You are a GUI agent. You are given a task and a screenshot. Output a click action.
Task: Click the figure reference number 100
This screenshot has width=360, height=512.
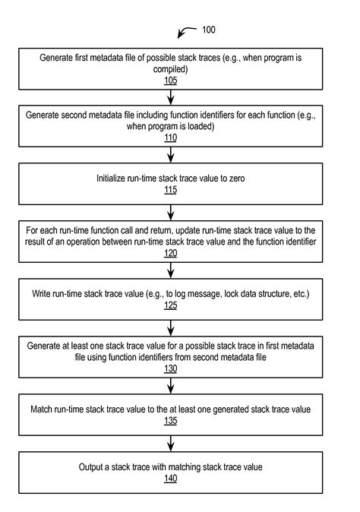pyautogui.click(x=208, y=30)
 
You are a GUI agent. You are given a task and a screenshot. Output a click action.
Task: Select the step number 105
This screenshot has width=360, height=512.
pyautogui.click(x=170, y=81)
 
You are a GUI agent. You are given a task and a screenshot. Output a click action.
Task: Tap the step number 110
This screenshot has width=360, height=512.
pyautogui.click(x=170, y=137)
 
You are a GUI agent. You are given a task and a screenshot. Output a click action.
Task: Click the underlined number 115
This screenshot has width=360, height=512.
pyautogui.click(x=170, y=190)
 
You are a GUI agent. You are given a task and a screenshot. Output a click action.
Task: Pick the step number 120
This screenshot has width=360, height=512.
pyautogui.click(x=170, y=253)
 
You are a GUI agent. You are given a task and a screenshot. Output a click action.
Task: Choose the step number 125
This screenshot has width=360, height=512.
pyautogui.click(x=170, y=305)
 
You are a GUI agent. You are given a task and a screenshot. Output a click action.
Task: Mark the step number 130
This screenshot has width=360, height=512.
pyautogui.click(x=170, y=368)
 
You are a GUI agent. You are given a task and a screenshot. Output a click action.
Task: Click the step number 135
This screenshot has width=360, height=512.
pyautogui.click(x=170, y=421)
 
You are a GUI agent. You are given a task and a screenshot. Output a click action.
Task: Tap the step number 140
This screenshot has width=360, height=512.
pyautogui.click(x=170, y=479)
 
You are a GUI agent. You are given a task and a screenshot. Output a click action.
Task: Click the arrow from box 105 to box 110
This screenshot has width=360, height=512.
pyautogui.click(x=170, y=97)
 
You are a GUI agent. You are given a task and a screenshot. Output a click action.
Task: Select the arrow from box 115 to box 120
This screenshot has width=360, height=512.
pyautogui.click(x=170, y=213)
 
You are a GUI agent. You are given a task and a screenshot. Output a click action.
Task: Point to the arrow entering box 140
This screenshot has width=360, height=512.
pyautogui.click(x=170, y=444)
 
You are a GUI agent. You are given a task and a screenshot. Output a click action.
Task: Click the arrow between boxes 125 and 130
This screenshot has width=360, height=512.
pyautogui.click(x=170, y=328)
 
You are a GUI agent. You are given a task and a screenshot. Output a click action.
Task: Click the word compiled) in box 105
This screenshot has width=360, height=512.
pyautogui.click(x=170, y=69)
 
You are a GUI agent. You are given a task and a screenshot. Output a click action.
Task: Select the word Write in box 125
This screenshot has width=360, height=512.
pyautogui.click(x=40, y=293)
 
